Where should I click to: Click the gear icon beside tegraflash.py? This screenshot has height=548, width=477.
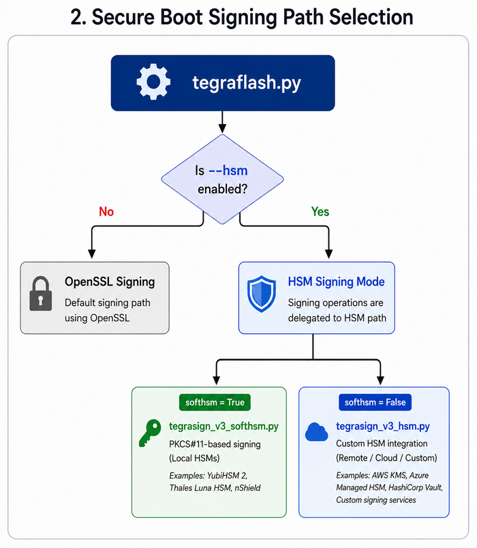pos(153,82)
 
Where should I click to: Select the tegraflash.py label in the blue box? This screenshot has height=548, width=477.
pos(247,83)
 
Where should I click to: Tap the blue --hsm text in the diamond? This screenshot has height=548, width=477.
pos(228,170)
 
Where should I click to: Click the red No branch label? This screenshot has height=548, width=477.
pos(106,211)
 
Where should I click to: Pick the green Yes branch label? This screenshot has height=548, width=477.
pos(320,211)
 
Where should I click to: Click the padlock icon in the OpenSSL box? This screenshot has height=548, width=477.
pos(40,294)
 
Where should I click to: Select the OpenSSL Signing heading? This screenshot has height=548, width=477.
pos(110,281)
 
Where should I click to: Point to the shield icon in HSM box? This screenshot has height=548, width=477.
pos(262,294)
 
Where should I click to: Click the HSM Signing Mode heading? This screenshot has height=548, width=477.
pos(336,281)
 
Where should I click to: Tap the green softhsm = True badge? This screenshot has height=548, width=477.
pos(215,402)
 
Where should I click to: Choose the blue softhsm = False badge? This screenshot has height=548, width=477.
pos(375,402)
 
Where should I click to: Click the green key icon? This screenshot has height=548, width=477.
pos(150,433)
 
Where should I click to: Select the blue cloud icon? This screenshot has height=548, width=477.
pos(317,432)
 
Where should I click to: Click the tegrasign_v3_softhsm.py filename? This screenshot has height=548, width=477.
pos(224,427)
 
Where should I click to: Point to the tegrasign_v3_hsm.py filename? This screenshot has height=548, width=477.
pos(383,427)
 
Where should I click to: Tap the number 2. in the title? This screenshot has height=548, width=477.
pos(78,17)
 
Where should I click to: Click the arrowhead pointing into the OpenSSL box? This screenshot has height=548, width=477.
pos(92,254)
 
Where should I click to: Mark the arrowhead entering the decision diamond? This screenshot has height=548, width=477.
pos(222,129)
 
